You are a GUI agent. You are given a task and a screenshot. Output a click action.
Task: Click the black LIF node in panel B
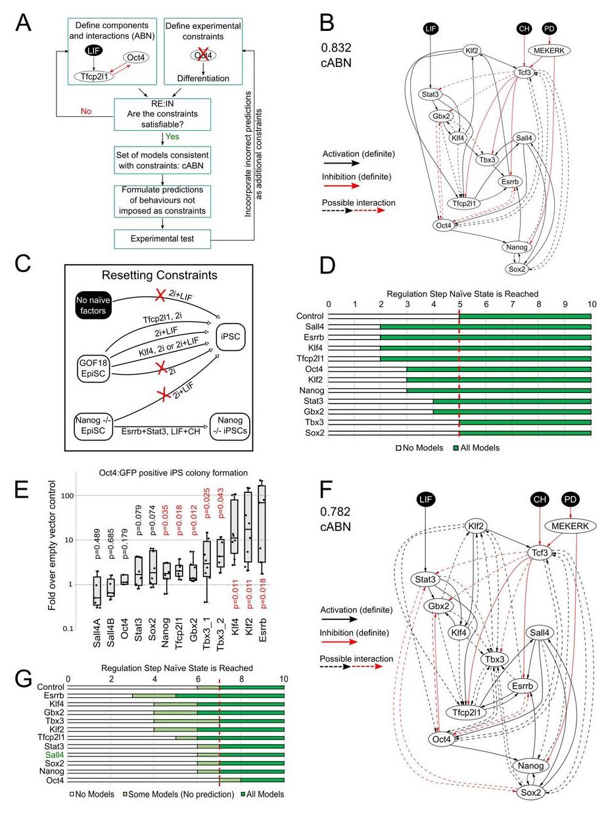click(x=431, y=30)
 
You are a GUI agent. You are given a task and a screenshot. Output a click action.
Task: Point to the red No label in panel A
click(x=86, y=111)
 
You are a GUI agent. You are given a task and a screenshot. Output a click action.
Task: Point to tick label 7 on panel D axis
click(x=513, y=304)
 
